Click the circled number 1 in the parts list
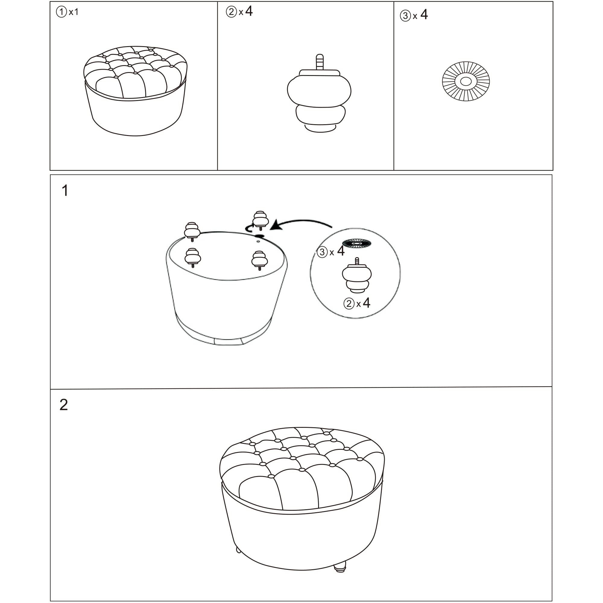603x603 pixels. [61, 12]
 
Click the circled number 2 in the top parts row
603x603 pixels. [231, 12]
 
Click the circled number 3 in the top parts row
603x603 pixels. [405, 16]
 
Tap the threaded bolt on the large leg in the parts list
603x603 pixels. [319, 62]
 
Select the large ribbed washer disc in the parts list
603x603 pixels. [466, 81]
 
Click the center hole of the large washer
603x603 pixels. [466, 81]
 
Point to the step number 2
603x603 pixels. [64, 405]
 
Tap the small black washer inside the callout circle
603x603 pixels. [356, 243]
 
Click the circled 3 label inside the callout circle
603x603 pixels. [322, 252]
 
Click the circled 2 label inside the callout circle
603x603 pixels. [349, 303]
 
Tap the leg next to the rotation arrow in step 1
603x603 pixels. [260, 219]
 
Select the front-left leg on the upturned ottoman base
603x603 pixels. [193, 258]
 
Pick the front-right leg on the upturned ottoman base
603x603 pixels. [260, 260]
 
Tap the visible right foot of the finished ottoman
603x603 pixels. [340, 575]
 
